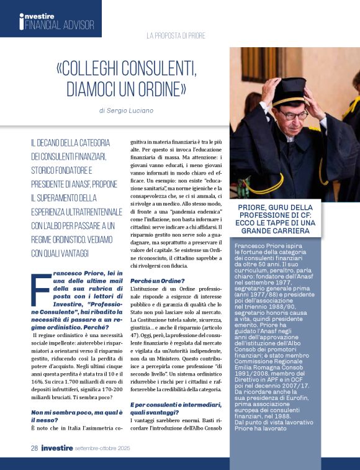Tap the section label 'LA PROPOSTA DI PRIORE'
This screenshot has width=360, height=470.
176,35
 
